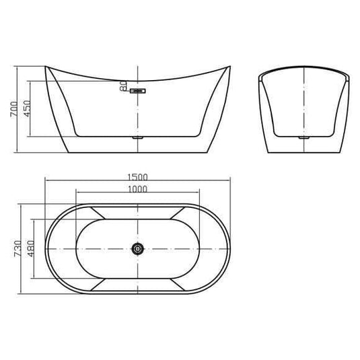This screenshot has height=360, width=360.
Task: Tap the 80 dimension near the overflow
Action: click(x=123, y=85)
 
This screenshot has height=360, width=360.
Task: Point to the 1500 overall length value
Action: click(x=137, y=178)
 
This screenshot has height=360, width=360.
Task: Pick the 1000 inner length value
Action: click(x=137, y=190)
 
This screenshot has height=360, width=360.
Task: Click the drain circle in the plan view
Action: click(x=138, y=249)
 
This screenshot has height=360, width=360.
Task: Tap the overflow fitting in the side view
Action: click(x=139, y=89)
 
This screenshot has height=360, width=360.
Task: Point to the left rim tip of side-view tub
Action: click(x=46, y=67)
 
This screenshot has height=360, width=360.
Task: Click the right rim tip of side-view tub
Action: click(x=229, y=67)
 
